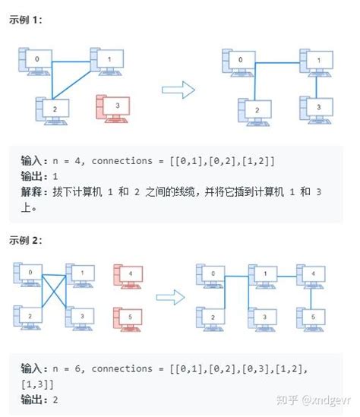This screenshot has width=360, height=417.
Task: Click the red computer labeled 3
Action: click(111, 108)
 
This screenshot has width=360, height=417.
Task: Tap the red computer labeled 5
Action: click(126, 315)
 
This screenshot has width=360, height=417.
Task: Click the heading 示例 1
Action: click(26, 21)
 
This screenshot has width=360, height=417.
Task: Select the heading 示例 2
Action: click(26, 240)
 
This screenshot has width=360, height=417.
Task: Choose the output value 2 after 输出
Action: click(56, 399)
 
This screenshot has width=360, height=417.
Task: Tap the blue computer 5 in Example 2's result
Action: click(311, 316)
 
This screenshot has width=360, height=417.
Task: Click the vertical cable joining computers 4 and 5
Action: click(311, 293)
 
